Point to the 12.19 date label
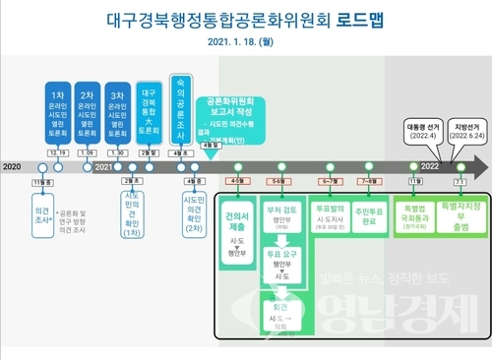[x=56, y=152]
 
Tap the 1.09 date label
[x=87, y=152]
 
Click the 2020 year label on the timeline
[x=12, y=167]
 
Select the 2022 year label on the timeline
[x=430, y=167]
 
